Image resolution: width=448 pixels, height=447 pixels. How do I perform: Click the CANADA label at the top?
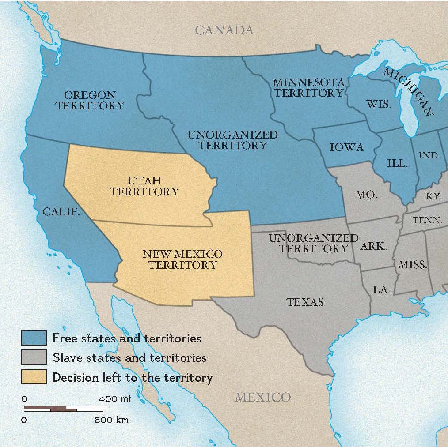pos(224,30)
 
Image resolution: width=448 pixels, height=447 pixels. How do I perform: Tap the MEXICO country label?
pos(262,397)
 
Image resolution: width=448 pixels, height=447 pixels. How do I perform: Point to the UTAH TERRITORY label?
pos(144,186)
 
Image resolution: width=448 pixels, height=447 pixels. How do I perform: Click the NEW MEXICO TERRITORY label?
pos(182,259)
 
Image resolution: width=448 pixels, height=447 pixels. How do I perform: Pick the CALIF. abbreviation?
pos(61,212)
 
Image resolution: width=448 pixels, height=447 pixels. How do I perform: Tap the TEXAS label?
pos(305,302)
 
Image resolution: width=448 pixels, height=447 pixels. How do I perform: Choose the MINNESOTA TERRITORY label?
pos(308,87)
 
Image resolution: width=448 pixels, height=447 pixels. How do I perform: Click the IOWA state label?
pos(347,147)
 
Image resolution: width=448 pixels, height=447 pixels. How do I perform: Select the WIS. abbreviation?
pos(379,105)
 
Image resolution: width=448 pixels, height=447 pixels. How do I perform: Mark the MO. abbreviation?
pos(366,194)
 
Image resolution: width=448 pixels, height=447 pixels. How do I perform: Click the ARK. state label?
pos(373,246)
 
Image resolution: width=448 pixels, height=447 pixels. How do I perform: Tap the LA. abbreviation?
pos(381,290)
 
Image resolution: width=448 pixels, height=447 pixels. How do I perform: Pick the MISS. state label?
pos(412,265)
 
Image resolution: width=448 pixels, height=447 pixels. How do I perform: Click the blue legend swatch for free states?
pos(34,338)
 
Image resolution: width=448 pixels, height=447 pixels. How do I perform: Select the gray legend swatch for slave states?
pos(34,357)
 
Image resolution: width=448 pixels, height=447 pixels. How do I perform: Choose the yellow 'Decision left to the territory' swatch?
pos(34,377)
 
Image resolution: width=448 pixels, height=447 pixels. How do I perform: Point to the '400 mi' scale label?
pos(114,399)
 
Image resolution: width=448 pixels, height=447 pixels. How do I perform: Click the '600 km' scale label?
pos(111,420)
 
